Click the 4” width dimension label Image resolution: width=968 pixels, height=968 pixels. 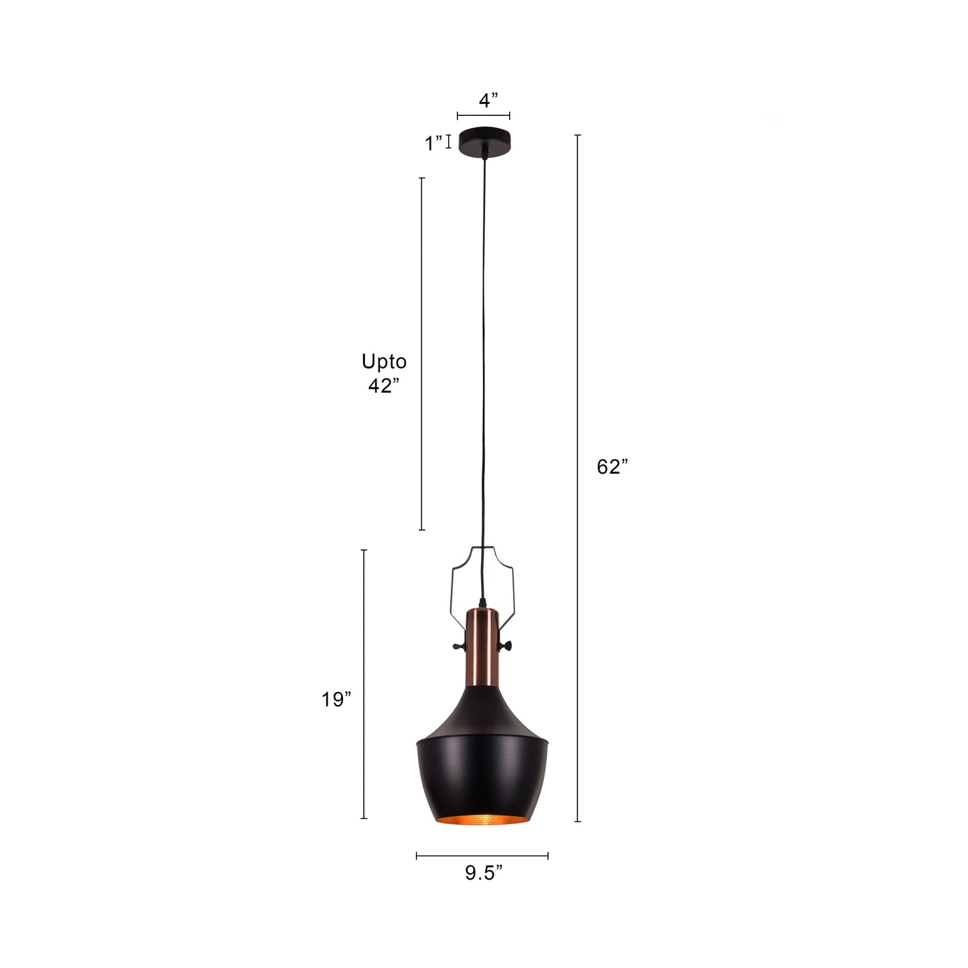click(488, 100)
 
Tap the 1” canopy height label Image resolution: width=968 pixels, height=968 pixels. click(433, 143)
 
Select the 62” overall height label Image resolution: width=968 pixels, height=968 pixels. click(612, 467)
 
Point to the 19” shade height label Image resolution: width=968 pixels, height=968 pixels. click(336, 699)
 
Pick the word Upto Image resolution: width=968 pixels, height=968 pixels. click(384, 362)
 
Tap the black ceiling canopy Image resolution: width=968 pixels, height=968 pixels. click(484, 141)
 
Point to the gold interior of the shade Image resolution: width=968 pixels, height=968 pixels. click(482, 820)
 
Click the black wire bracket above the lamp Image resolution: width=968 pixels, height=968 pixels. click(453, 576)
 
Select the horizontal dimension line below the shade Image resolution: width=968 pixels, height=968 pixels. click(482, 855)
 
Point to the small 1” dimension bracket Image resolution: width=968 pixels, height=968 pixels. click(449, 141)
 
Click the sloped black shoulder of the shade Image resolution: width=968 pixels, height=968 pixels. click(482, 717)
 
